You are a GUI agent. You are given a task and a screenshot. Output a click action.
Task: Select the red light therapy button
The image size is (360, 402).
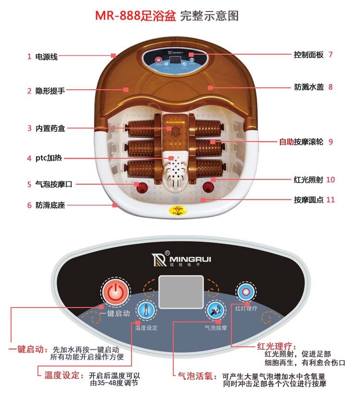(246, 292)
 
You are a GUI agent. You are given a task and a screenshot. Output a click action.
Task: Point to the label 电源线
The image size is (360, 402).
(47, 57)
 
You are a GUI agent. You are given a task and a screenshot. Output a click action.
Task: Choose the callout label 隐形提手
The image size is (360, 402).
(50, 90)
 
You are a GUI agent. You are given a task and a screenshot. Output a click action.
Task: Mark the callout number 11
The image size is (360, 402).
(330, 200)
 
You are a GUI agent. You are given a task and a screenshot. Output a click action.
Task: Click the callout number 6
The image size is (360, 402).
(29, 205)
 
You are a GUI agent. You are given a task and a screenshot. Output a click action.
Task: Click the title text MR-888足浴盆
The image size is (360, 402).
(135, 16)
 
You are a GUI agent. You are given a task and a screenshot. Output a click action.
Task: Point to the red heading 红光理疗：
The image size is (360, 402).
(277, 346)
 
